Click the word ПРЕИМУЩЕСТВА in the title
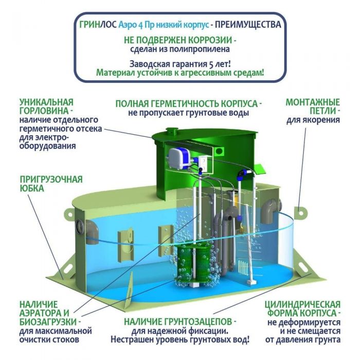[248, 25]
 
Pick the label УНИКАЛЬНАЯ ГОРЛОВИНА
[46, 106]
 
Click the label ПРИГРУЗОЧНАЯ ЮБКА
[51, 184]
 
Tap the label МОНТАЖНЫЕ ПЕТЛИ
[313, 106]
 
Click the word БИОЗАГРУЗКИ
[48, 322]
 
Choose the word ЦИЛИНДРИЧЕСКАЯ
[302, 304]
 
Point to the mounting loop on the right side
[300, 213]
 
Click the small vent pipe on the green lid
[171, 131]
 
